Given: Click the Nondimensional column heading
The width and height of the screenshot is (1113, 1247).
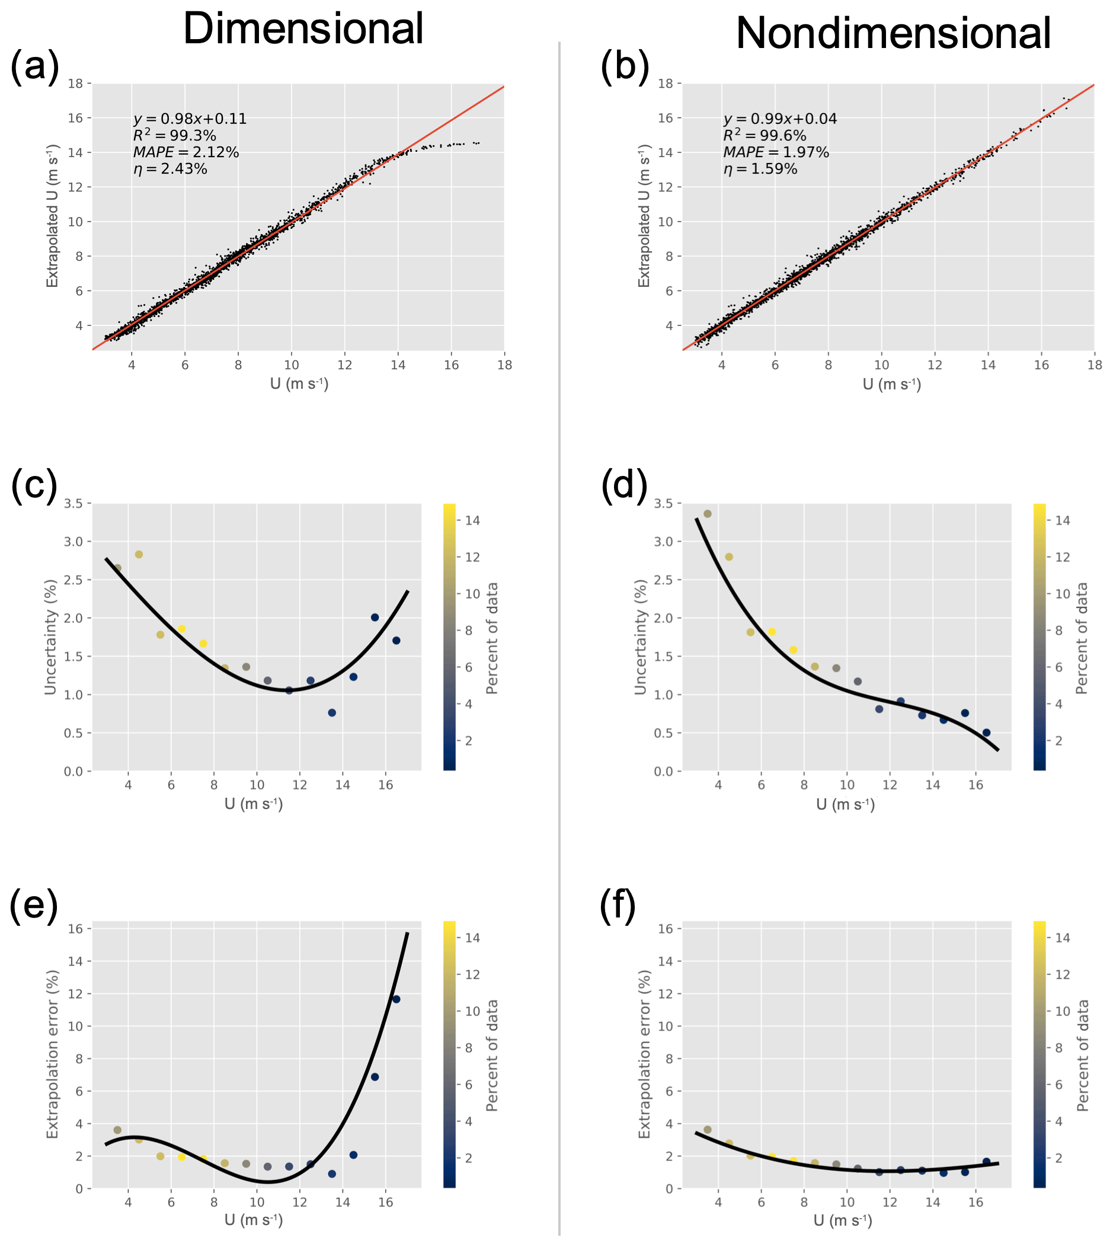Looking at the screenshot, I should tap(893, 33).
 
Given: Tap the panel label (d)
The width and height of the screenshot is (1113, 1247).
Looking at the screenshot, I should tap(625, 485).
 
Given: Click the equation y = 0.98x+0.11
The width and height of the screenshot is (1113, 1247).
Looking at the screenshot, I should tap(190, 119).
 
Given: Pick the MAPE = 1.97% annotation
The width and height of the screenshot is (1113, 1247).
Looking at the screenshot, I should tap(776, 152).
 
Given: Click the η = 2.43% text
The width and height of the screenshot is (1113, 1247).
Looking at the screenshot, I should tap(170, 169).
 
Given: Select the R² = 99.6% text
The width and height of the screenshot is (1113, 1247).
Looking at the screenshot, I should tap(765, 135).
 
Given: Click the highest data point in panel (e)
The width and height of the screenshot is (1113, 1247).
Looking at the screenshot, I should tap(396, 999).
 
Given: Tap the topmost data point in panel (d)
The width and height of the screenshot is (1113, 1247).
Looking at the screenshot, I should tap(708, 514).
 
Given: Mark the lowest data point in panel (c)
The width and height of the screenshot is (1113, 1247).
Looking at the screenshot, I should tap(332, 712).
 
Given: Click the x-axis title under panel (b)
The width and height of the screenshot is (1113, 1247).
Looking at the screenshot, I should tap(891, 384).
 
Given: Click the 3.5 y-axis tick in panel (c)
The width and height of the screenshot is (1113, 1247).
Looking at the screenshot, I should tap(76, 503).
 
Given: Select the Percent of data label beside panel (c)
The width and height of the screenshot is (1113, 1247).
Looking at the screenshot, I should tap(492, 637).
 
